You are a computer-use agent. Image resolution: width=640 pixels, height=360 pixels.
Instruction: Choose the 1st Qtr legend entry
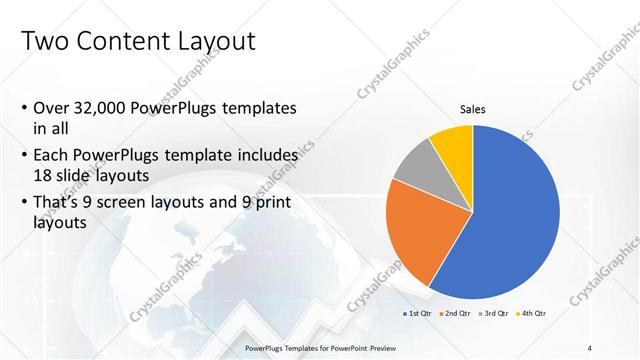(x=419, y=314)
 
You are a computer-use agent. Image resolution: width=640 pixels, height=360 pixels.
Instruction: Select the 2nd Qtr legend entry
(x=457, y=314)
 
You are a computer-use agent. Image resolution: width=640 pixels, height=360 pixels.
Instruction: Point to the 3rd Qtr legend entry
(x=495, y=314)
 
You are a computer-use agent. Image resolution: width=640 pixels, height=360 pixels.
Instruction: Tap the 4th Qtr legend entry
(x=533, y=314)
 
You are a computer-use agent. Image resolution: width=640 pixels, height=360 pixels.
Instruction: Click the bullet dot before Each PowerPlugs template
(x=24, y=156)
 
